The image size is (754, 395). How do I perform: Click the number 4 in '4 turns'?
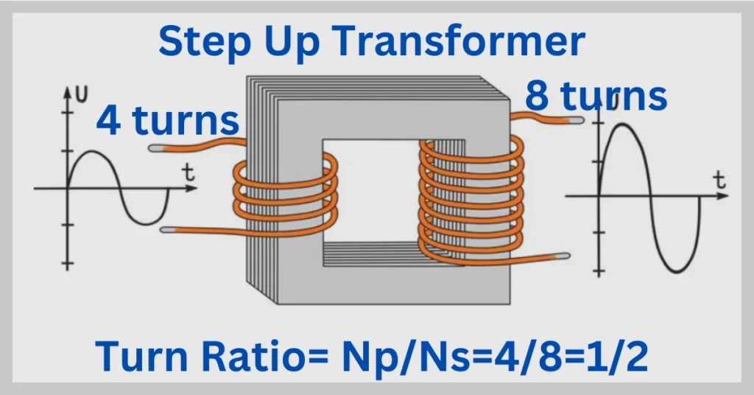click(x=110, y=121)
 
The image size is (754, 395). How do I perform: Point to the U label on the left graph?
click(x=83, y=94)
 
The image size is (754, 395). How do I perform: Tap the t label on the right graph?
click(x=719, y=179)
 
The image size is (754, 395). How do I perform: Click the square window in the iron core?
click(x=370, y=192)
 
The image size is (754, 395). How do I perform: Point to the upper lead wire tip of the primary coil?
click(x=155, y=148)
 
